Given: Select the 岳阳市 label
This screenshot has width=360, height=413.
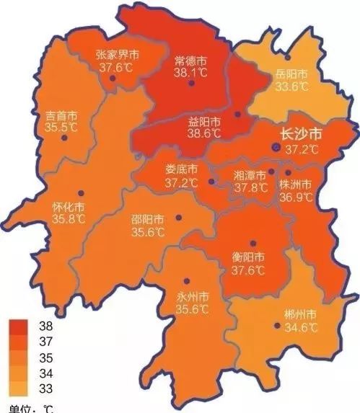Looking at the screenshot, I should point(292,74).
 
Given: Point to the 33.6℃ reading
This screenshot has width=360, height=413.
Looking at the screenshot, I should point(292,86).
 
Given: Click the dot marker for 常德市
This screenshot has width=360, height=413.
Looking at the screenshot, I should point(191,84).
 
